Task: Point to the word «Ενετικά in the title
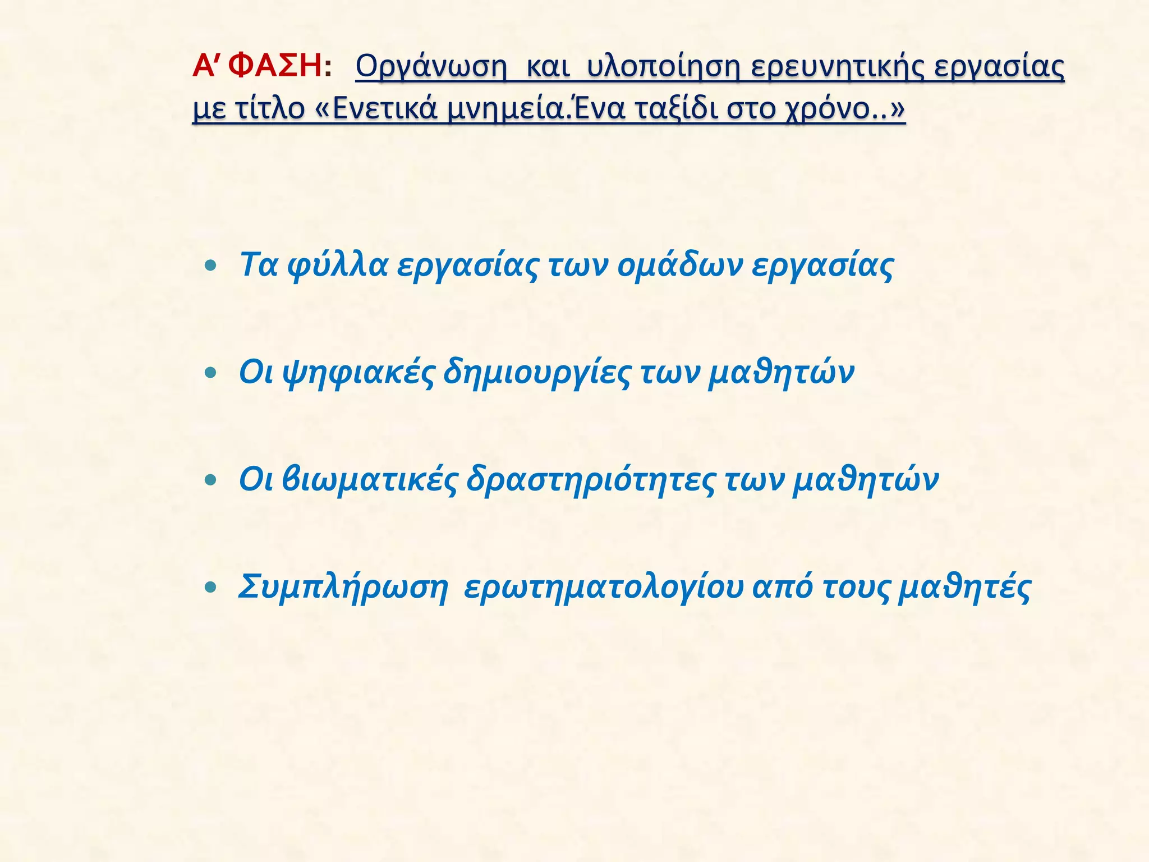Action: click(376, 109)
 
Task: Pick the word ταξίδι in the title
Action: click(677, 109)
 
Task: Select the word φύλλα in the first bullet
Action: click(337, 266)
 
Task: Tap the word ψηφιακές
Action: click(360, 373)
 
